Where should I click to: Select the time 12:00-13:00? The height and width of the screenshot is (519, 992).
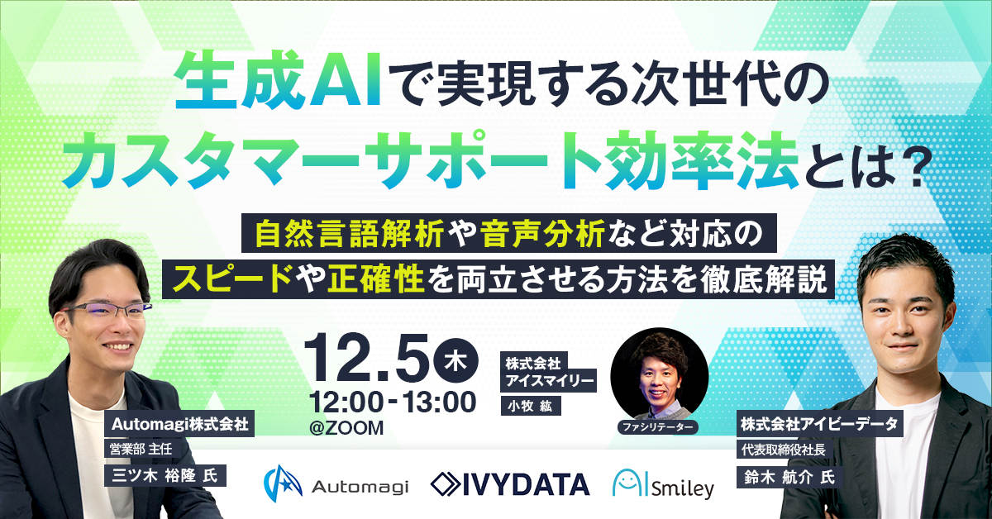(392, 402)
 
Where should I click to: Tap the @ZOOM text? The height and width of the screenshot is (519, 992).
(346, 428)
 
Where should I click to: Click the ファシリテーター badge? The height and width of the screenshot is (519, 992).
(657, 426)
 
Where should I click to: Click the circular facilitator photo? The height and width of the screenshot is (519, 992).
(659, 376)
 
